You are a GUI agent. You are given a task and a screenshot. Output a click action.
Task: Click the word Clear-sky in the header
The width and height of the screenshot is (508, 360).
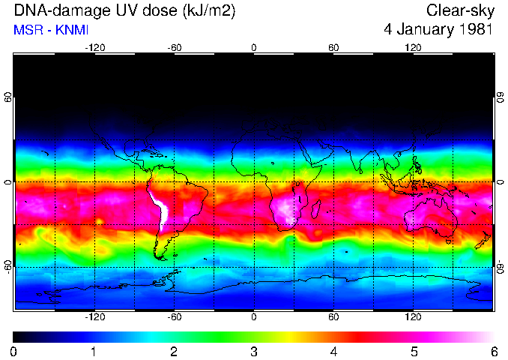459,11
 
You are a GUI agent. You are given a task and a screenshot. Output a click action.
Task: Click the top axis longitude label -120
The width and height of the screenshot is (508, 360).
94,48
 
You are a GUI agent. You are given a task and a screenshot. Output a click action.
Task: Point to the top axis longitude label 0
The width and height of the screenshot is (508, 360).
254,48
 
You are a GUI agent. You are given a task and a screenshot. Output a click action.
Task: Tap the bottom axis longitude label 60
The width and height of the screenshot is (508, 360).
333,317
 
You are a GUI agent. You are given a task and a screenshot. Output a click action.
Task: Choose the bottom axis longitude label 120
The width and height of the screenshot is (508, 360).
413,317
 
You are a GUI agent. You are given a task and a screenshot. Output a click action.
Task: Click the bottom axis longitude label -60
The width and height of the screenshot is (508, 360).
174,317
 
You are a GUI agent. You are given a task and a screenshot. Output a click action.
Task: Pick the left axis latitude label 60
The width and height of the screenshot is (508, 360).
8,98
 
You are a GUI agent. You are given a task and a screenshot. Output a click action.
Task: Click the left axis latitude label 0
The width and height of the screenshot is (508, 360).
8,182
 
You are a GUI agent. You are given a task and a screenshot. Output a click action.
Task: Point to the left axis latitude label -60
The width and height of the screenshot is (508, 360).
8,266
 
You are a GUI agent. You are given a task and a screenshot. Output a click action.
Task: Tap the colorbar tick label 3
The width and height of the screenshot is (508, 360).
254,351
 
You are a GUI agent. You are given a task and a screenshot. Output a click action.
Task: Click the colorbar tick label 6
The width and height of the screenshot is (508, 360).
493,351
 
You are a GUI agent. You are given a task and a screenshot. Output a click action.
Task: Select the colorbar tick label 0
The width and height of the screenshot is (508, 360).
14,351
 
